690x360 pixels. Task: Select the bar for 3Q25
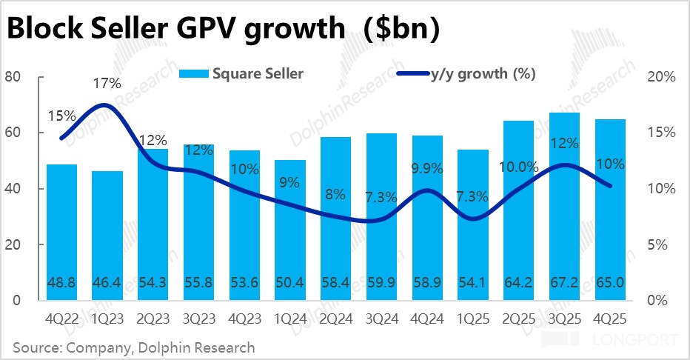click(565, 207)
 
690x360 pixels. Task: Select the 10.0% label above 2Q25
click(517, 167)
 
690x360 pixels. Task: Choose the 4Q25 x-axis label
click(611, 319)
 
